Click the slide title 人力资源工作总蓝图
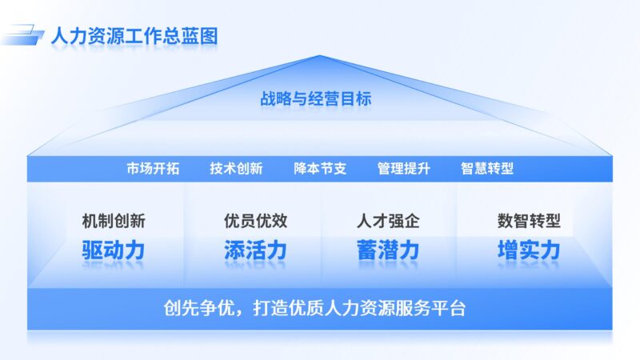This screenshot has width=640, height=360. tap(134, 36)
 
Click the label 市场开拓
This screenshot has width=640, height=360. tap(153, 169)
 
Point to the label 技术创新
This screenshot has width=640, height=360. tap(236, 169)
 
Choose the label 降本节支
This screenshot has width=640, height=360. tap(320, 169)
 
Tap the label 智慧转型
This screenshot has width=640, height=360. tap(487, 169)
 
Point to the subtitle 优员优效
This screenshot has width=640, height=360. tap(255, 220)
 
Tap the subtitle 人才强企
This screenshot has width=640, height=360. tap(388, 220)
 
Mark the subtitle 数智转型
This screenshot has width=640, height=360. tap(529, 220)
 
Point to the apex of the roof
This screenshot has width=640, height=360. tap(320, 56)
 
